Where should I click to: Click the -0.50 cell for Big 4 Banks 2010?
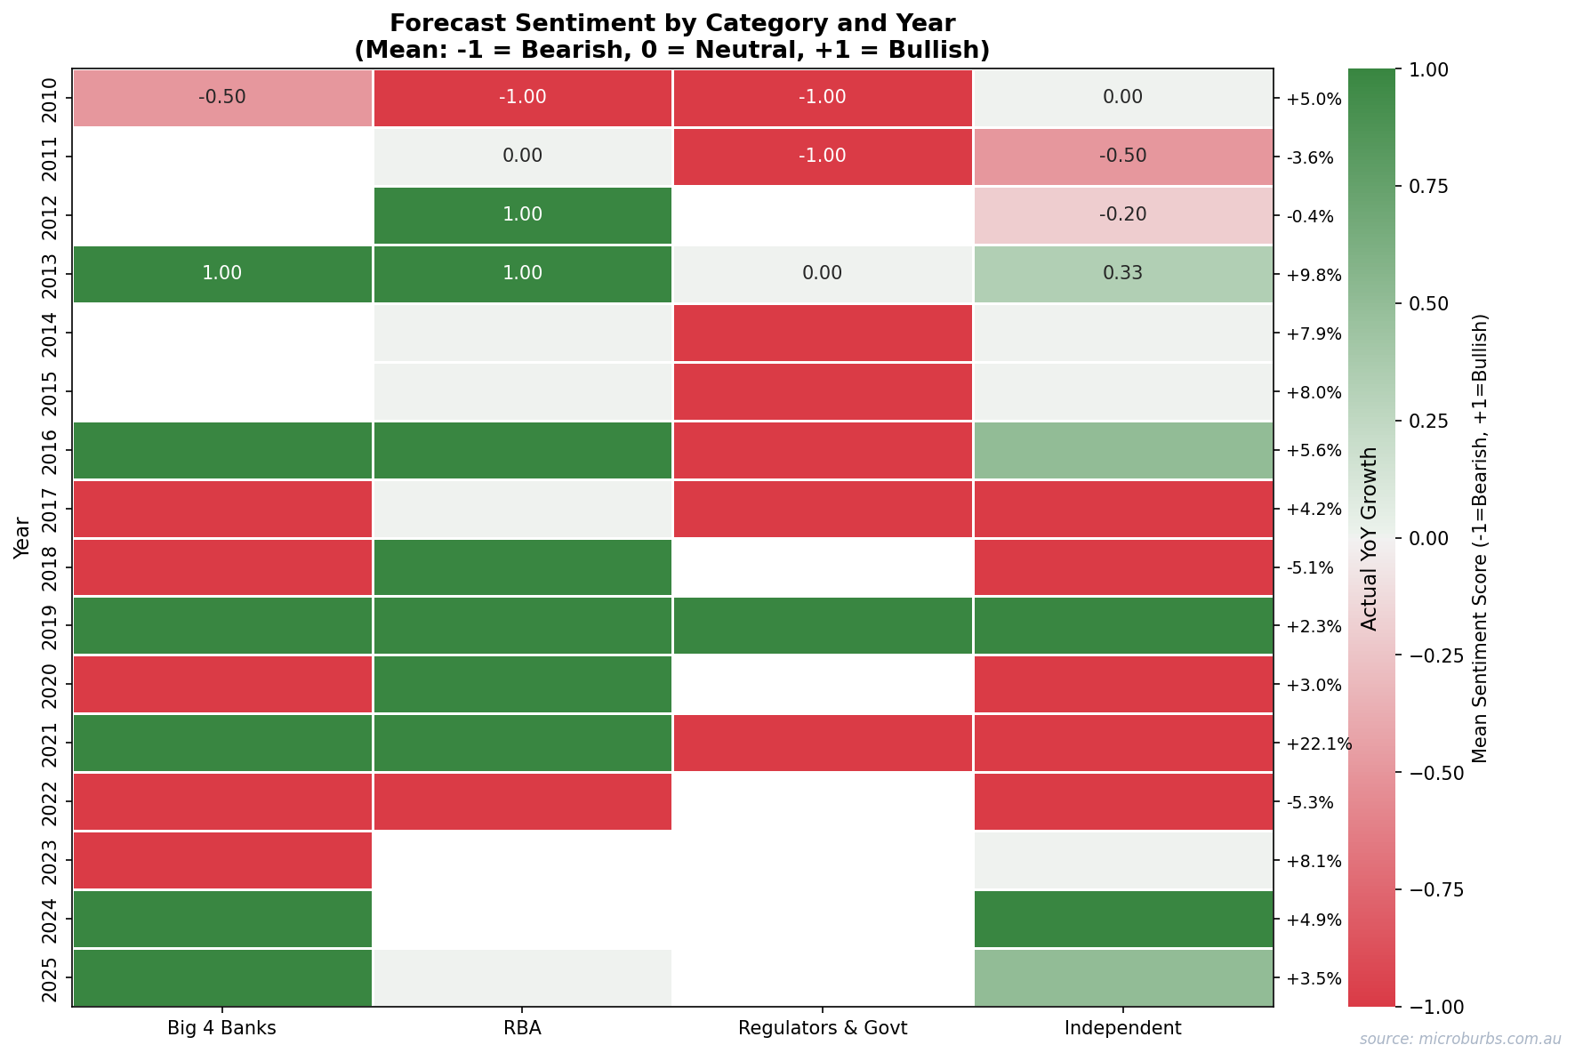[x=221, y=97]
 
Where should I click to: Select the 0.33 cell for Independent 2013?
[x=1122, y=274]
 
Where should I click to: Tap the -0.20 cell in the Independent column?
[x=1122, y=215]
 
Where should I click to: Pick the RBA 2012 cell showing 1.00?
[x=522, y=215]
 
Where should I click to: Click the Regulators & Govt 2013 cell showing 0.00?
[x=822, y=274]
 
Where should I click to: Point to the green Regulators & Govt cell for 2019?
[x=822, y=625]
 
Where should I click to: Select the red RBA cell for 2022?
[x=522, y=801]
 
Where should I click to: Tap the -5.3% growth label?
[x=1310, y=802]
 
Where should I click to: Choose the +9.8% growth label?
[x=1314, y=275]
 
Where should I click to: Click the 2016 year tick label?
[x=51, y=450]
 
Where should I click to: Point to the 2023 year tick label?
[x=51, y=860]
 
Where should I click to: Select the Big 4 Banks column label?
[x=221, y=1029]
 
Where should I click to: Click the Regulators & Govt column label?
[x=822, y=1029]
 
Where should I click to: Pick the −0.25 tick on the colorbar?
[x=1433, y=655]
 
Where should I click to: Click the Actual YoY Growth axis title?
[x=1370, y=538]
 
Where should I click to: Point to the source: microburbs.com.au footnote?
[x=1459, y=1039]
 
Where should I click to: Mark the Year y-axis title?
[x=22, y=538]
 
